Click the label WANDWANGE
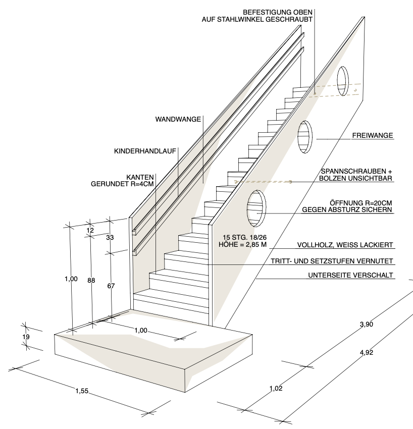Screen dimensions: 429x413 (x=178, y=120)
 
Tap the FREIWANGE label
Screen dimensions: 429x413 (x=372, y=135)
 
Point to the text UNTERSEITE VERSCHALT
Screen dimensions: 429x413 (x=350, y=276)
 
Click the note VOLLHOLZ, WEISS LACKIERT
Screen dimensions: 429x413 (x=344, y=245)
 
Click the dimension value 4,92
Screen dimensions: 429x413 (x=367, y=353)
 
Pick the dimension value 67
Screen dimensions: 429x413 (x=111, y=286)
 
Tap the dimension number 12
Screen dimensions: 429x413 (x=90, y=230)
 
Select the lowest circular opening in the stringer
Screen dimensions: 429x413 (x=256, y=208)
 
